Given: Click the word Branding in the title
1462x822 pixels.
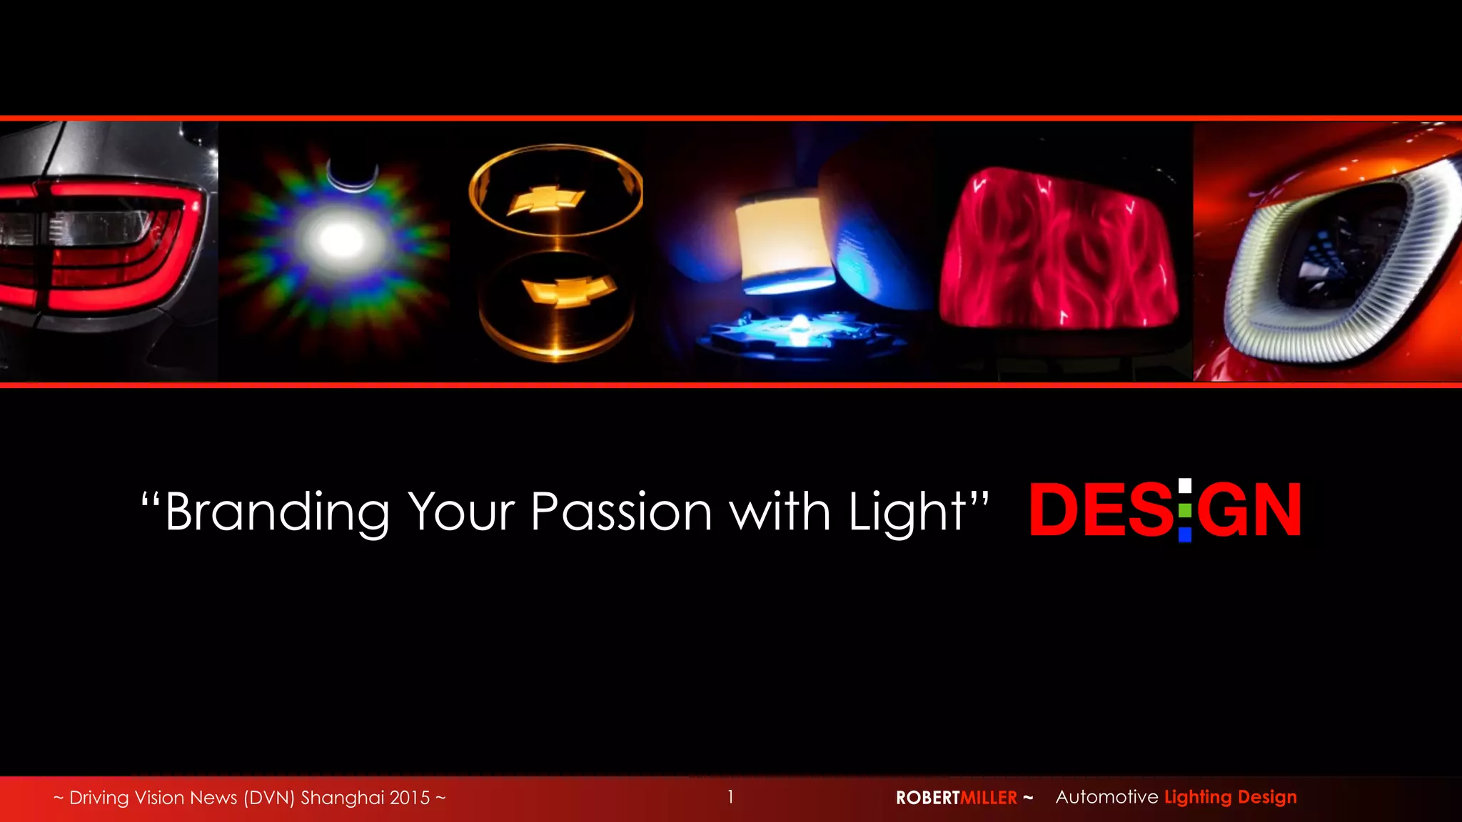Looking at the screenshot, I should tap(277, 512).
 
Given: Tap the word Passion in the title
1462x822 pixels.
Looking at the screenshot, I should tap(621, 512).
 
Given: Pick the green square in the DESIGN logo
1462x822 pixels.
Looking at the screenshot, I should tap(1185, 511).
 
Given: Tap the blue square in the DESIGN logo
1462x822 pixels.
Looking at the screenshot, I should tap(1185, 534).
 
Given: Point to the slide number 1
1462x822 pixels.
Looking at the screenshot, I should tap(730, 796).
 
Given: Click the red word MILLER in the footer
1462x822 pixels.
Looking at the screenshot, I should tap(989, 798).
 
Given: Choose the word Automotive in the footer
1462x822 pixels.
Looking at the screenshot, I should tap(1106, 797).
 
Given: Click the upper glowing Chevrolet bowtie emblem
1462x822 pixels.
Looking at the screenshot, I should tap(546, 199).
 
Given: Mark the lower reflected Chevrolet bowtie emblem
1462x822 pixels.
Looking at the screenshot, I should tap(568, 290).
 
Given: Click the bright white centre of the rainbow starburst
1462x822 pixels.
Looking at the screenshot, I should tap(340, 239).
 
